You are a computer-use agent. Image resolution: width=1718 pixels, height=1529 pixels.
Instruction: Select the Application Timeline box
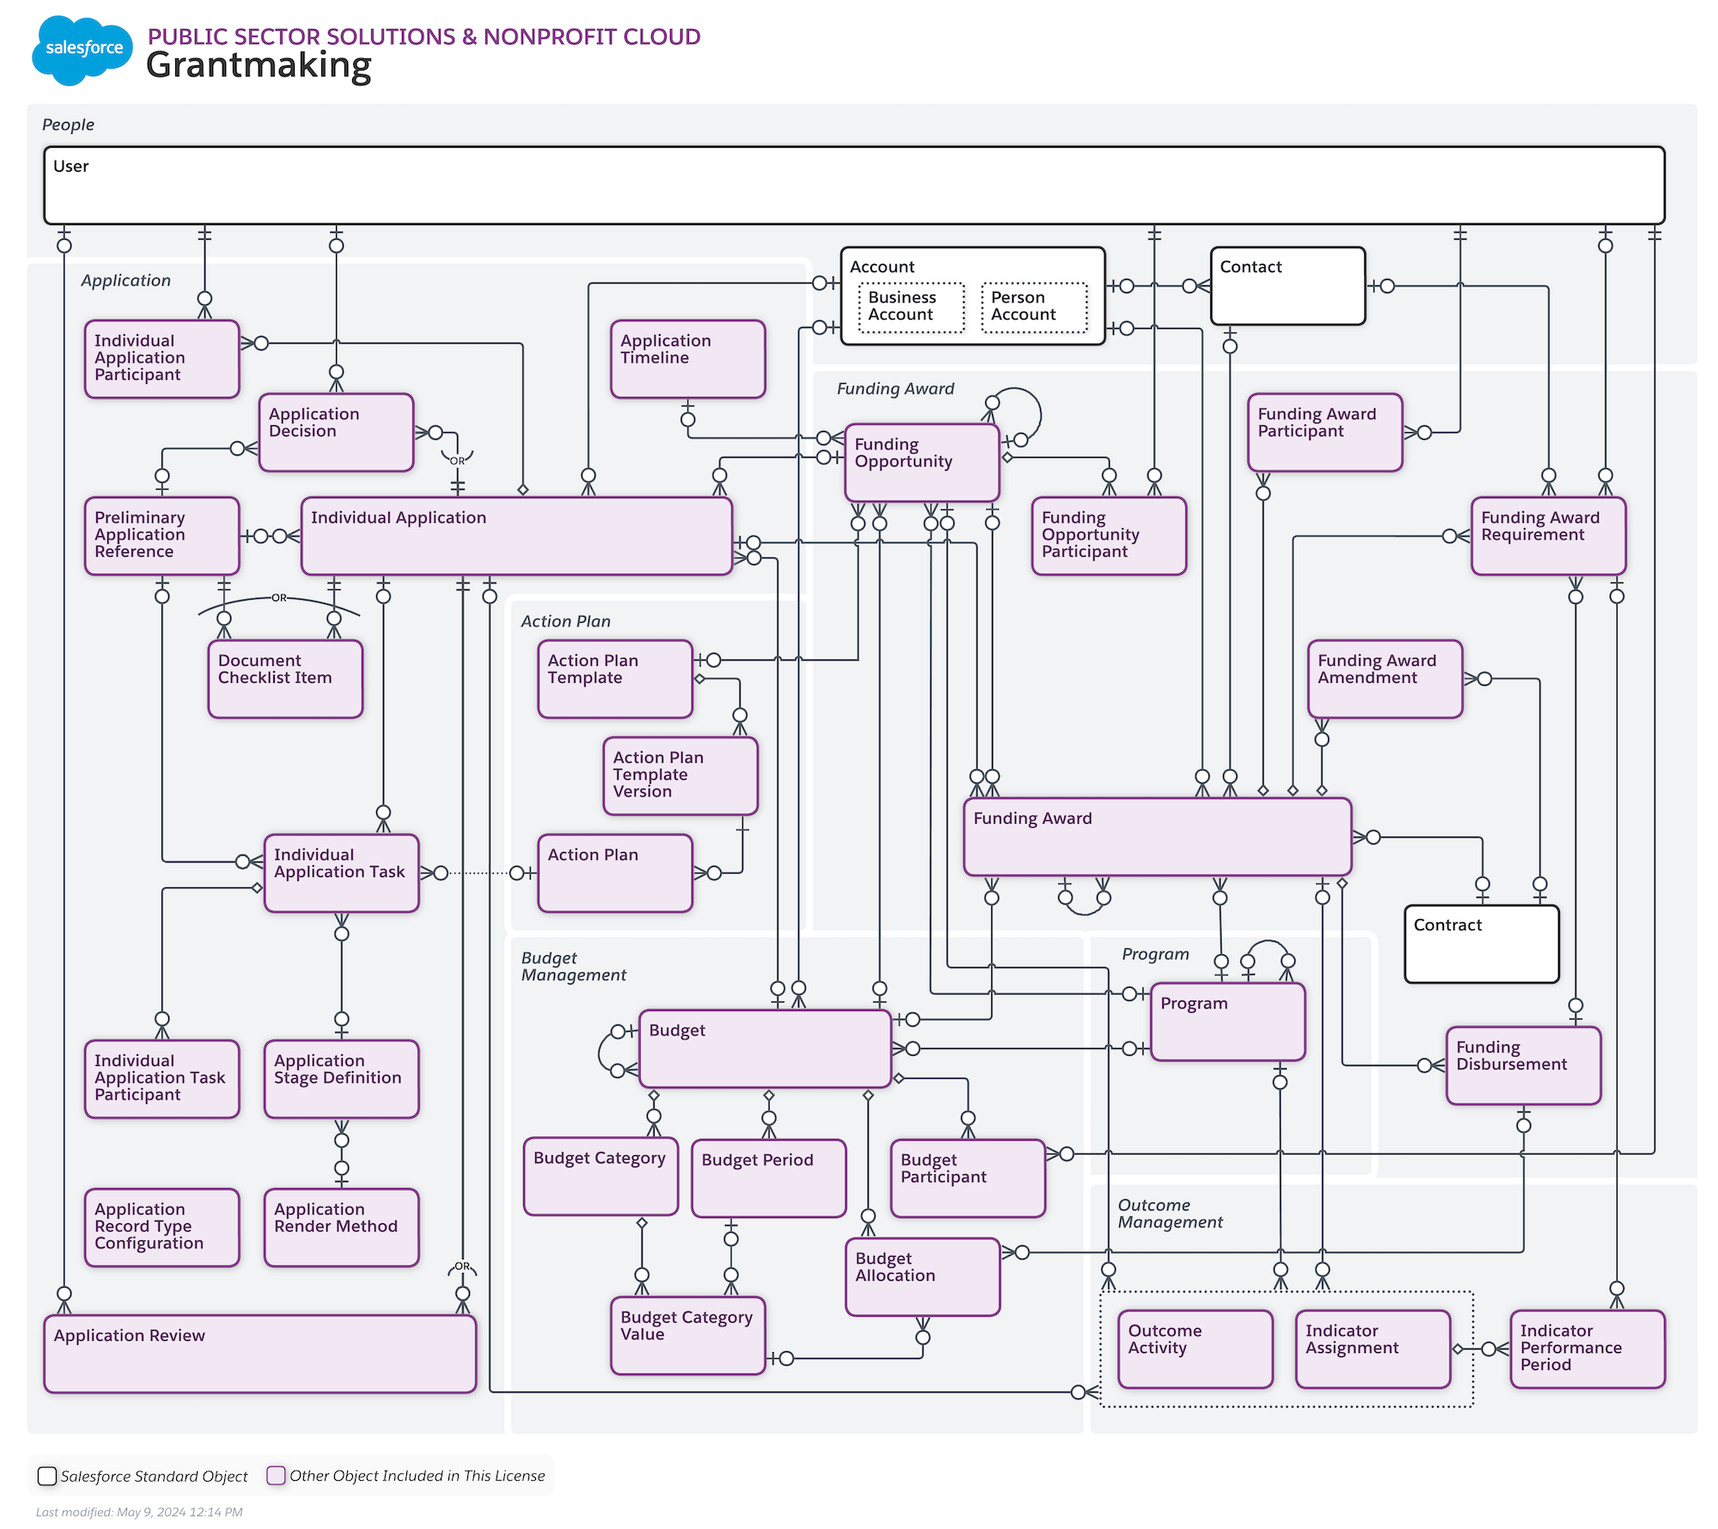pos(687,359)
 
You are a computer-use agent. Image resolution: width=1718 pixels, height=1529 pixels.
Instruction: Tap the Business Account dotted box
pos(911,307)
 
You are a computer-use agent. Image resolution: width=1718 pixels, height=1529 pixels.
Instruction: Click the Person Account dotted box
pos(1033,307)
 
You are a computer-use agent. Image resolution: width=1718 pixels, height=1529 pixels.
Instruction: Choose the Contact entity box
pos(1287,286)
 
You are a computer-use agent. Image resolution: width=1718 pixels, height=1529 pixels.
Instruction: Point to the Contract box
pos(1481,944)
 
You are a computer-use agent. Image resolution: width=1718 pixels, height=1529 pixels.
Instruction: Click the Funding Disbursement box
pos(1523,1065)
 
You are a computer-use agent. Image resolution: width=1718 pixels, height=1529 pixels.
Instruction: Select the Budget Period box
pos(768,1178)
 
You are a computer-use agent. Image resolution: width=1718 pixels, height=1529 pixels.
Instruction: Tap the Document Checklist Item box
pos(285,679)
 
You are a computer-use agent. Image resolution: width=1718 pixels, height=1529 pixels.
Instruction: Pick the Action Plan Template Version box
pos(680,776)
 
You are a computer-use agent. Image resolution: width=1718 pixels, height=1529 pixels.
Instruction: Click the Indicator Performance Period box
pos(1587,1349)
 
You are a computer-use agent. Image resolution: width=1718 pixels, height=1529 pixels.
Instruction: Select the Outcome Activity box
pos(1195,1349)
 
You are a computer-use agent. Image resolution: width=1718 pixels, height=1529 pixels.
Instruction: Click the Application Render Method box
pos(341,1227)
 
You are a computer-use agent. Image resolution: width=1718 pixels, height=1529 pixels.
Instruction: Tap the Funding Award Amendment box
pos(1385,679)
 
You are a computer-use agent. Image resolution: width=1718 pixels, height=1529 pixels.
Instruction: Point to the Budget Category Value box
pos(687,1335)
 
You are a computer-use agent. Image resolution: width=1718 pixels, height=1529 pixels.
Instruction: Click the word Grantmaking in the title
pos(259,65)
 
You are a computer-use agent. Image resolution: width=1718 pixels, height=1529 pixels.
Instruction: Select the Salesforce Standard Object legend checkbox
pos(47,1476)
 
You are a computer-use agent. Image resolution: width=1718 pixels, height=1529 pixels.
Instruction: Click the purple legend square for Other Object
pos(276,1475)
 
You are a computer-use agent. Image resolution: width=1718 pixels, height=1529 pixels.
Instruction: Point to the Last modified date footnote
pos(139,1512)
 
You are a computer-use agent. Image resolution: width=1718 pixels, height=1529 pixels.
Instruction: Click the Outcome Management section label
pos(1169,1213)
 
